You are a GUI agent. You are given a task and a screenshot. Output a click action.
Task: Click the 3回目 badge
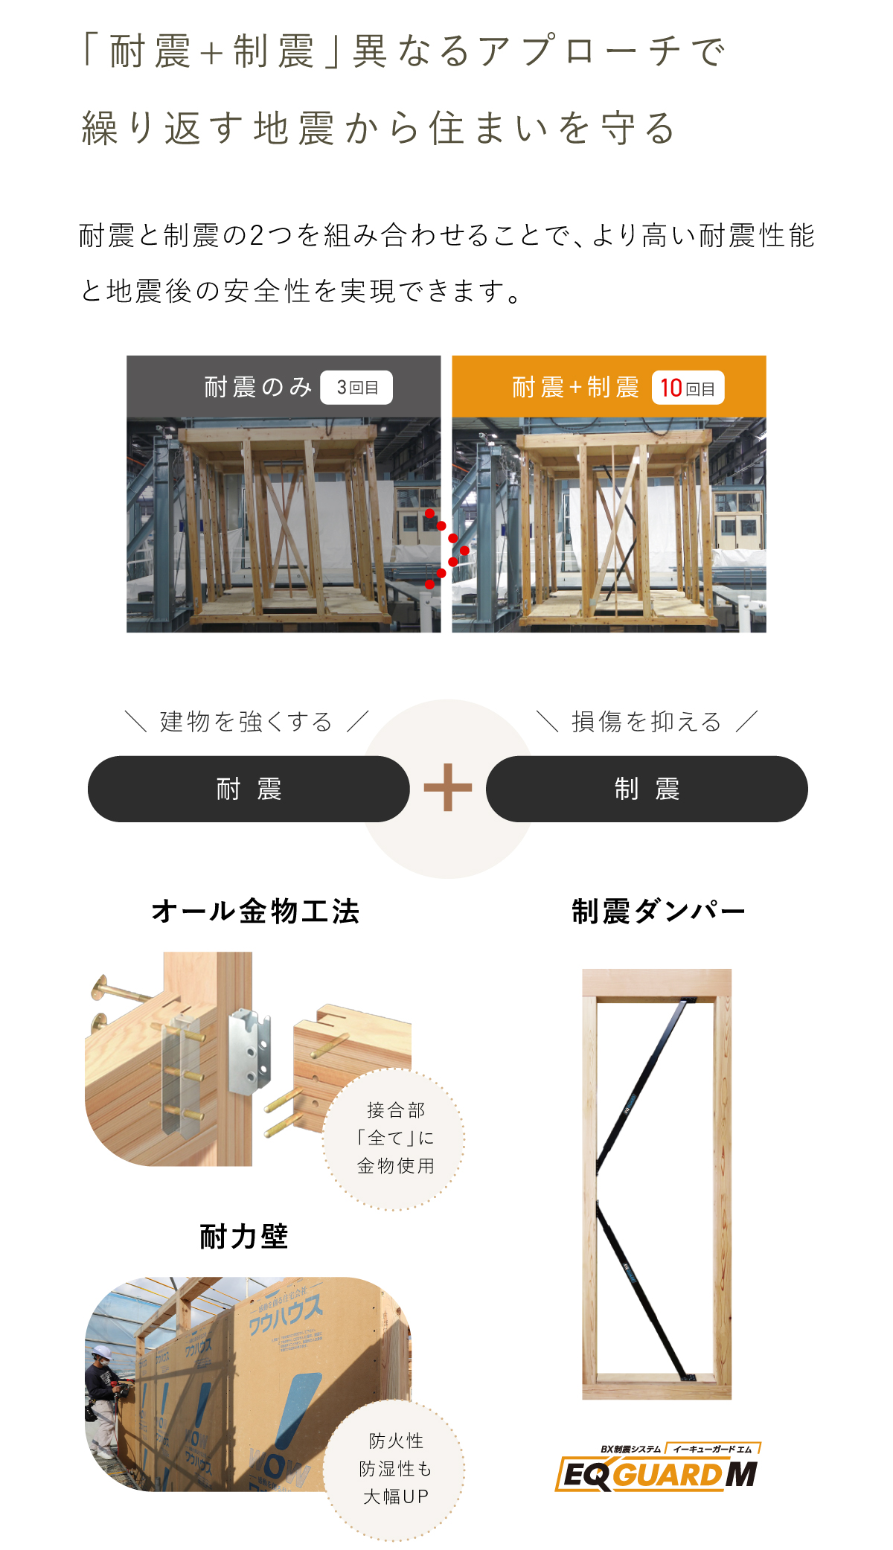pos(356,388)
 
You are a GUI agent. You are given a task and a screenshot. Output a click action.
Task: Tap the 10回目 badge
pos(688,388)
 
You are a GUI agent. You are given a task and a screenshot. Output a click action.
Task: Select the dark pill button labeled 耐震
pos(249,789)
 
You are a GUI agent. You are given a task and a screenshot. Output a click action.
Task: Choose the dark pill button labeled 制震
pos(647,789)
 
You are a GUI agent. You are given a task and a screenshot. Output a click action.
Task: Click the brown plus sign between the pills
pos(448,787)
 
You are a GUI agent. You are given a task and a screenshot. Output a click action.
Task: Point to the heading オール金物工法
pos(255,912)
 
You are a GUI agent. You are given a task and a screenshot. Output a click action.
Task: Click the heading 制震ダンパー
pos(658,912)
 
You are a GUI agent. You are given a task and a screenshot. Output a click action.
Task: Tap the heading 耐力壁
pos(244,1237)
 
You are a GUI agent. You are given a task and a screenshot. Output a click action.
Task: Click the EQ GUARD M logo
pos(658,1470)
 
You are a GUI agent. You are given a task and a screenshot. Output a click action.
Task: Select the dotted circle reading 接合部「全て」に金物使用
pos(394,1139)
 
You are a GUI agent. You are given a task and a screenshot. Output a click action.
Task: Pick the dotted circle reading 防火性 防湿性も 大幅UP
pos(394,1468)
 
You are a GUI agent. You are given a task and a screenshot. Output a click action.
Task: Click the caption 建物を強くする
pos(246,722)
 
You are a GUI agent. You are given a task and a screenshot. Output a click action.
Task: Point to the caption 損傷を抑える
pos(647,722)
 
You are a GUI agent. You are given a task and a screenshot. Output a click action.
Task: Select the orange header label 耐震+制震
pos(575,388)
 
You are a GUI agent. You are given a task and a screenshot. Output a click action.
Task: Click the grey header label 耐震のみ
pos(257,388)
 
